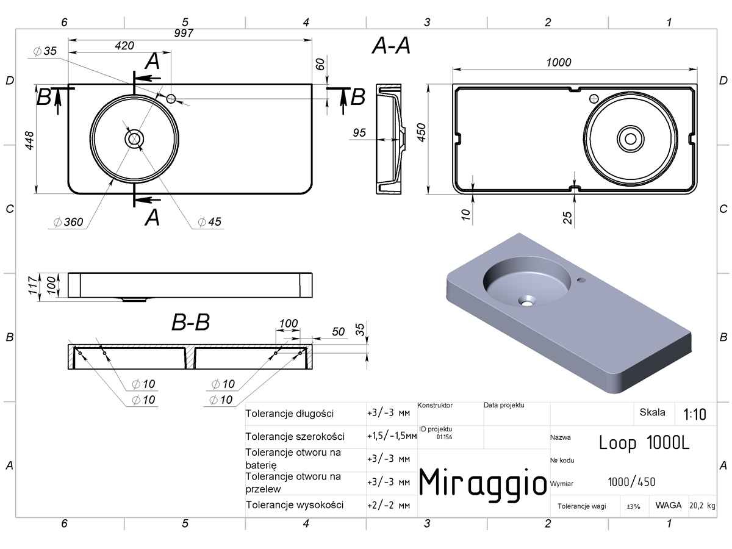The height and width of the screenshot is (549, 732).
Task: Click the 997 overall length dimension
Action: (184, 33)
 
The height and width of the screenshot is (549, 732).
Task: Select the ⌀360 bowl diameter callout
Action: (68, 221)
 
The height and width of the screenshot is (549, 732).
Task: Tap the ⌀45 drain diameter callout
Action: (209, 221)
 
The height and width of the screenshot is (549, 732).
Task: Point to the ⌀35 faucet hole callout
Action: (45, 51)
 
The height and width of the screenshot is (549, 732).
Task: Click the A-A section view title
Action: (391, 46)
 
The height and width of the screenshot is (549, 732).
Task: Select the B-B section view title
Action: (191, 322)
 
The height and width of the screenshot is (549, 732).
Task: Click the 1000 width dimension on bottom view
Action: (559, 62)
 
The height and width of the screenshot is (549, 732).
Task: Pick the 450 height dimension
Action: (422, 132)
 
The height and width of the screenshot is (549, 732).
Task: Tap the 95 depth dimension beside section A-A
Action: (359, 132)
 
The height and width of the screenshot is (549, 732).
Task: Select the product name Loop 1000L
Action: (644, 443)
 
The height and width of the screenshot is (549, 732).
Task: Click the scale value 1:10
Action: (695, 414)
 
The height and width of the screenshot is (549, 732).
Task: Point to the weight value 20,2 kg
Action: (702, 506)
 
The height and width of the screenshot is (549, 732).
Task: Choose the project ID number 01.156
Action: (444, 437)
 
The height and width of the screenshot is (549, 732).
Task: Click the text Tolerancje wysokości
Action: (295, 505)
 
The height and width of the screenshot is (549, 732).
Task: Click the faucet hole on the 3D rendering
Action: (581, 280)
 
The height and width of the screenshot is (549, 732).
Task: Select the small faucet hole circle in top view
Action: (171, 99)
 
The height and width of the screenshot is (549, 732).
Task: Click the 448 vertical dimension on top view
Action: (29, 140)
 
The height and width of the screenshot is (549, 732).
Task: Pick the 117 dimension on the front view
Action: (33, 285)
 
